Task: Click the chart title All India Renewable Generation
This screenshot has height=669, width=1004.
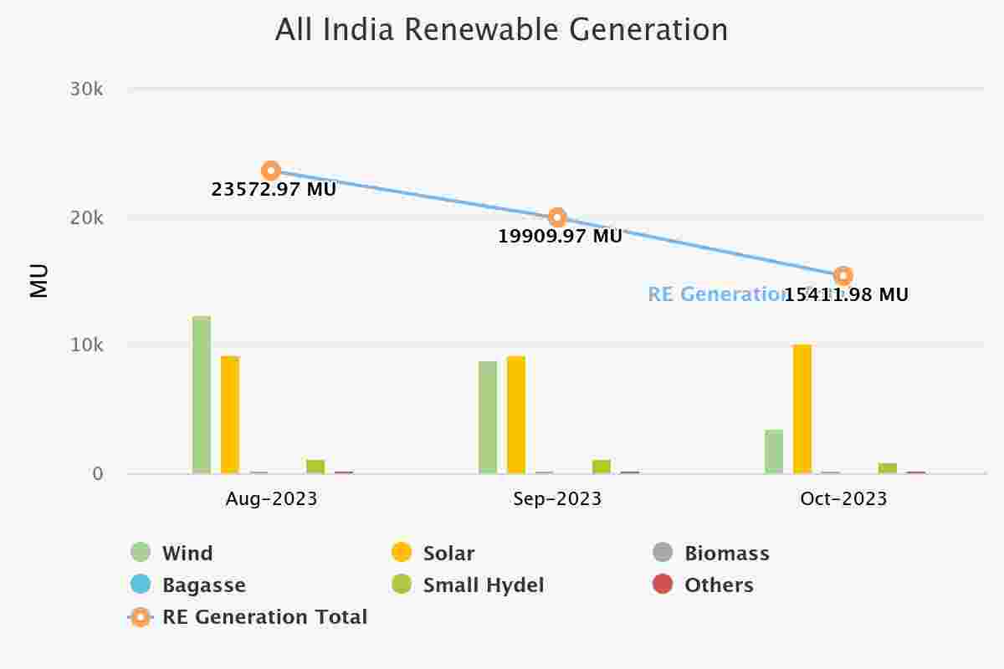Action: click(x=501, y=30)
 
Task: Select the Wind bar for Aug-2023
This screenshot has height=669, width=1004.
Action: click(x=202, y=395)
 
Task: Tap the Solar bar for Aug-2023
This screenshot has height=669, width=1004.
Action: click(x=230, y=415)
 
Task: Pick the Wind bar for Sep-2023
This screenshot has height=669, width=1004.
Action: click(x=488, y=417)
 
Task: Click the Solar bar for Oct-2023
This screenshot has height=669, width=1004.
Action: click(x=802, y=409)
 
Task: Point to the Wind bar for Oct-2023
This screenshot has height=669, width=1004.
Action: click(x=774, y=452)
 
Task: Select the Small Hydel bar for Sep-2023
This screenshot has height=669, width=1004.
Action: click(x=602, y=467)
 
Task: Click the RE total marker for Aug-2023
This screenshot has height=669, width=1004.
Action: click(x=270, y=171)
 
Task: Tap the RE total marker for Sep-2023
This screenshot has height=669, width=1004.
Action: click(x=557, y=218)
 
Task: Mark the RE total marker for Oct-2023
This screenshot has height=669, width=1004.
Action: click(x=843, y=275)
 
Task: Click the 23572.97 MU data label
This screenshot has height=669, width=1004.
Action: click(x=274, y=190)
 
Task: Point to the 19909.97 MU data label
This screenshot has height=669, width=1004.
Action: click(x=560, y=237)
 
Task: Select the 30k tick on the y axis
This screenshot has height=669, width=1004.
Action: click(x=87, y=89)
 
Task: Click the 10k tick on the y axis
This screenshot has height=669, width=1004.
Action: click(x=87, y=345)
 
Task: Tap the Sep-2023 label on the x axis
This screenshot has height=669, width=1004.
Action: click(x=557, y=499)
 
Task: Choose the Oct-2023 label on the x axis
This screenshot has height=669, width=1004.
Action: click(x=843, y=499)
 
